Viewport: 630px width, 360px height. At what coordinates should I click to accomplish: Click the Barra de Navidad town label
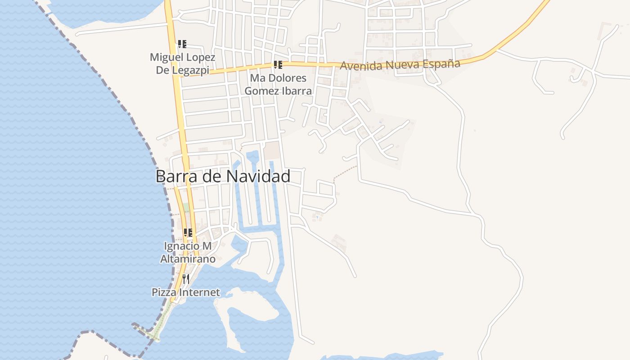[x=223, y=176]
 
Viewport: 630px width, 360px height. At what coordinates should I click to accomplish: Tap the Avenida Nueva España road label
[x=400, y=65]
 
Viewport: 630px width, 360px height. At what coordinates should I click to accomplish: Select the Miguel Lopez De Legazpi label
[x=182, y=63]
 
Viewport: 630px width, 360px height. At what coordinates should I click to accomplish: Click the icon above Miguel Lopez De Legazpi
[x=182, y=44]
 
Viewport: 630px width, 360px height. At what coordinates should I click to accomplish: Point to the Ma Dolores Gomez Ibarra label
[x=278, y=84]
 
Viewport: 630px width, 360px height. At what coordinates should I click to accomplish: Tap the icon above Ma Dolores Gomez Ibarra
[x=278, y=65]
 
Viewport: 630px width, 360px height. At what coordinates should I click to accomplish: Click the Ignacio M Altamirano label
[x=188, y=252]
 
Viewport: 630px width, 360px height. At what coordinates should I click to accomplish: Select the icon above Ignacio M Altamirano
[x=188, y=233]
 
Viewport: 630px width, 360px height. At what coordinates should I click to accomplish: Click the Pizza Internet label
[x=186, y=292]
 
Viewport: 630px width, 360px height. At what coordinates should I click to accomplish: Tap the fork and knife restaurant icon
[x=186, y=279]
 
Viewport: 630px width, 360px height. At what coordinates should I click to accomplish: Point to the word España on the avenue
[x=441, y=64]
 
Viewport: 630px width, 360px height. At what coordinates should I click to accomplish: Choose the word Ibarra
[x=296, y=90]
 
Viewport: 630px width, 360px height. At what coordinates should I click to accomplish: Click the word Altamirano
[x=188, y=259]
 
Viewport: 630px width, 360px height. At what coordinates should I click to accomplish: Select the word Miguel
[x=165, y=57]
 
